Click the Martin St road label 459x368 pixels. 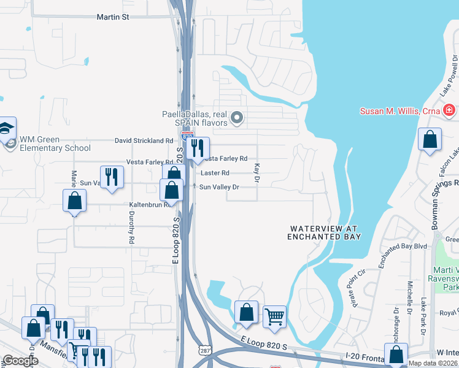[113, 17]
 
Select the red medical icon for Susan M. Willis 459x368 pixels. [449, 110]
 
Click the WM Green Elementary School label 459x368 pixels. [55, 144]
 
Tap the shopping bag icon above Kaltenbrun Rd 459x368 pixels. [74, 201]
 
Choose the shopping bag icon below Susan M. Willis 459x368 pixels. [430, 139]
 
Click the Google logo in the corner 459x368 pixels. [20, 361]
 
